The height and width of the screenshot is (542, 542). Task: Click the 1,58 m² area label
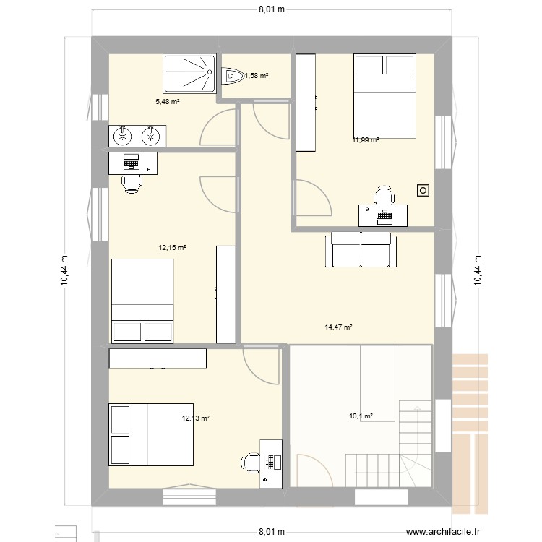(257, 75)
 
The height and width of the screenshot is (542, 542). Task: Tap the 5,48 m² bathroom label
(167, 102)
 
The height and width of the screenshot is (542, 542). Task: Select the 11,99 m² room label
(366, 140)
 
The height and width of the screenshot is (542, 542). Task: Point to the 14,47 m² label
(338, 327)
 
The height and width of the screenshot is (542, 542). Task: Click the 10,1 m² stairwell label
(361, 416)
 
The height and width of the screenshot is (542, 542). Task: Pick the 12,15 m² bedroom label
(173, 247)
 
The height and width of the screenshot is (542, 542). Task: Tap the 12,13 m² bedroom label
(196, 418)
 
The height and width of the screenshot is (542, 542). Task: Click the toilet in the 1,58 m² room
(233, 75)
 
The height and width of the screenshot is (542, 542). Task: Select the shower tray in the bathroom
(189, 74)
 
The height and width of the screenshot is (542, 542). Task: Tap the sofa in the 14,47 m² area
(361, 249)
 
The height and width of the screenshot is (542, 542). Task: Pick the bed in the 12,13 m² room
(151, 434)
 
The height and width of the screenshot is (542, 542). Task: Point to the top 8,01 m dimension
(270, 10)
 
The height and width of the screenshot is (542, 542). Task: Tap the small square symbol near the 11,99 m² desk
(422, 190)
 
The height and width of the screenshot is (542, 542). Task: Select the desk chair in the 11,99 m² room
(383, 195)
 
